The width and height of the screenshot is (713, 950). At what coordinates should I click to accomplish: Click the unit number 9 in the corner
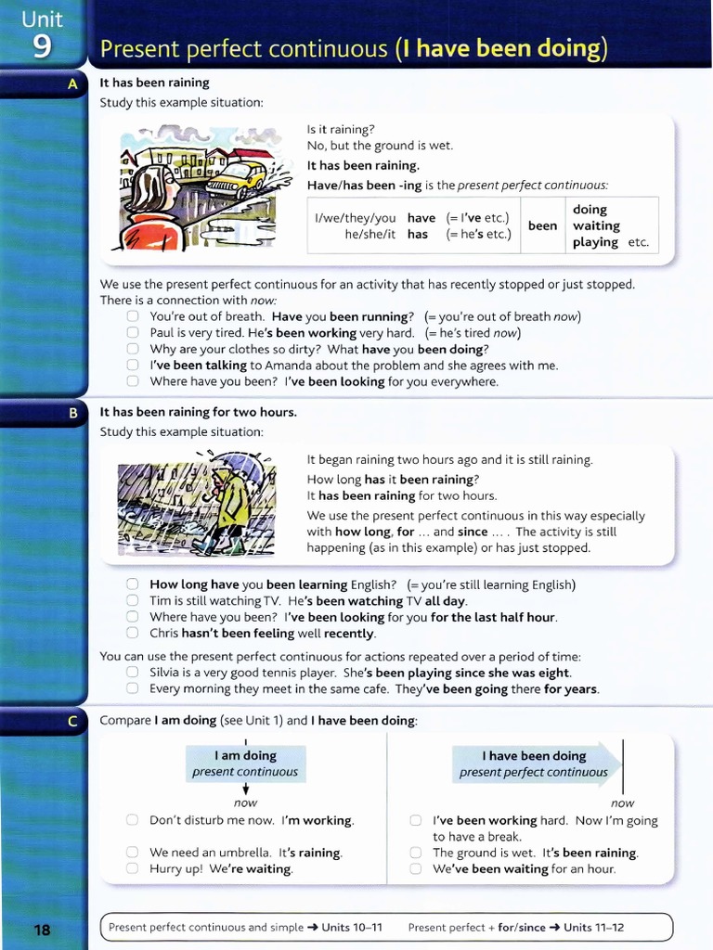pyautogui.click(x=42, y=45)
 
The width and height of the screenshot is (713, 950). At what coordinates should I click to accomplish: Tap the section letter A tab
pyautogui.click(x=73, y=83)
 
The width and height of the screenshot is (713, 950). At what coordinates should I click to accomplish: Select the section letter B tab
pyautogui.click(x=73, y=413)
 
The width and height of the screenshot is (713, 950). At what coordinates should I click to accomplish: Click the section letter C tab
pyautogui.click(x=73, y=721)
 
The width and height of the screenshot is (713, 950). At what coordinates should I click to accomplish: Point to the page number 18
pyautogui.click(x=43, y=929)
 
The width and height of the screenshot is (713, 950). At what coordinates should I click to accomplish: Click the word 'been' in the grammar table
pyautogui.click(x=542, y=225)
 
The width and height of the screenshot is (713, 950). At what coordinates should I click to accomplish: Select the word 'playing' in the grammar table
pyautogui.click(x=595, y=242)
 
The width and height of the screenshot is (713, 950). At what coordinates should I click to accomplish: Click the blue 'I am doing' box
pyautogui.click(x=245, y=764)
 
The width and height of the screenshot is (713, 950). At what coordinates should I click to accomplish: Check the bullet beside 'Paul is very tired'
pyautogui.click(x=133, y=333)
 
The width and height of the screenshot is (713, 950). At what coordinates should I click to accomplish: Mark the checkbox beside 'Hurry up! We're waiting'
pyautogui.click(x=133, y=869)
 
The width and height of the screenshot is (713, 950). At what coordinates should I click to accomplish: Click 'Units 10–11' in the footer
pyautogui.click(x=352, y=927)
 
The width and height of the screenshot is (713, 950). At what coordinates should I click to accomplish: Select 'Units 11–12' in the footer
pyautogui.click(x=593, y=927)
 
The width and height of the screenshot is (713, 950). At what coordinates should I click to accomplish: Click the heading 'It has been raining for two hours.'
pyautogui.click(x=198, y=412)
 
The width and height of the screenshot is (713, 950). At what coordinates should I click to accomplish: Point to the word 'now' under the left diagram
pyautogui.click(x=245, y=802)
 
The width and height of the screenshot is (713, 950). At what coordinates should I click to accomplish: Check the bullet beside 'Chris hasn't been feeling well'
pyautogui.click(x=133, y=634)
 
